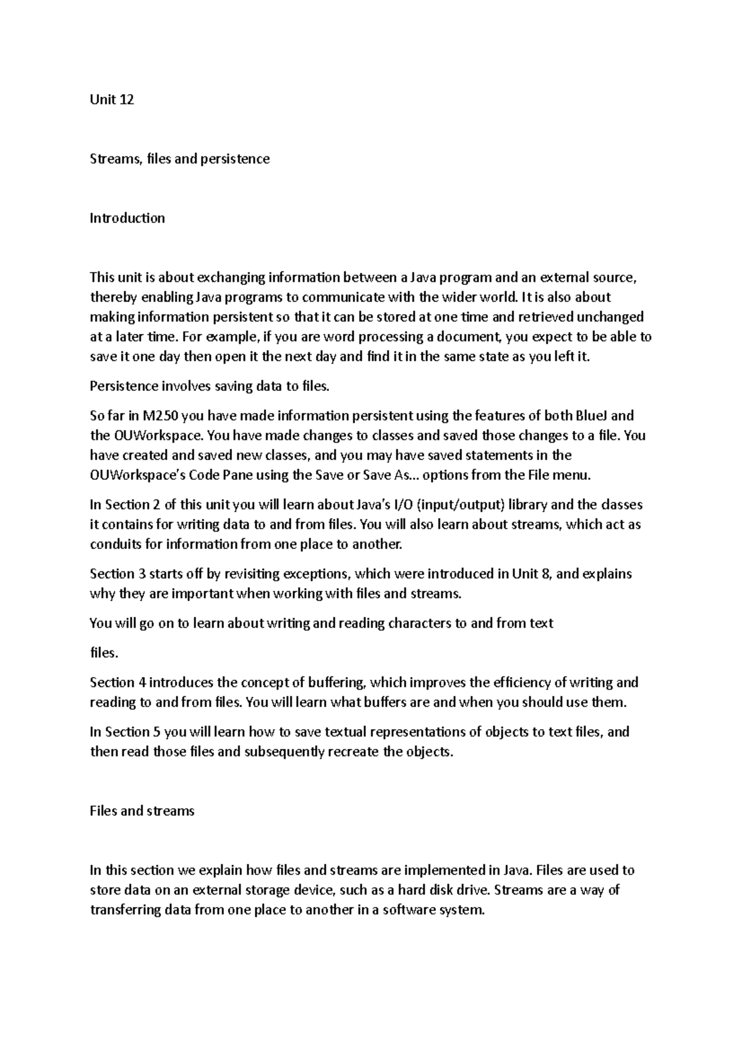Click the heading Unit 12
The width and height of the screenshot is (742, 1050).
pyautogui.click(x=112, y=100)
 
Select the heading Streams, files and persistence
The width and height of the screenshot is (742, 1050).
pyautogui.click(x=179, y=159)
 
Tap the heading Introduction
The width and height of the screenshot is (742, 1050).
pyautogui.click(x=127, y=218)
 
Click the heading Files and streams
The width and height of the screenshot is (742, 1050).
pyautogui.click(x=142, y=811)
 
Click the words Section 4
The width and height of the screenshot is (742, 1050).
pyautogui.click(x=117, y=683)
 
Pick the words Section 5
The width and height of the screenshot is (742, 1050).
pyautogui.click(x=134, y=732)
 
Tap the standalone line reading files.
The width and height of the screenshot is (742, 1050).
pyautogui.click(x=103, y=653)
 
